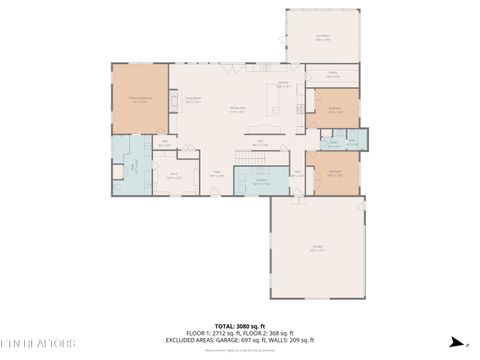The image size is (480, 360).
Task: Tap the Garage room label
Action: [317, 250]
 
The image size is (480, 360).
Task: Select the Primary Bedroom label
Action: [139, 99]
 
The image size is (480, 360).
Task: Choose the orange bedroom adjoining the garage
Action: [333, 171]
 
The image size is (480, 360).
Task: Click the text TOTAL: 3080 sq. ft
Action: [239, 326]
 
